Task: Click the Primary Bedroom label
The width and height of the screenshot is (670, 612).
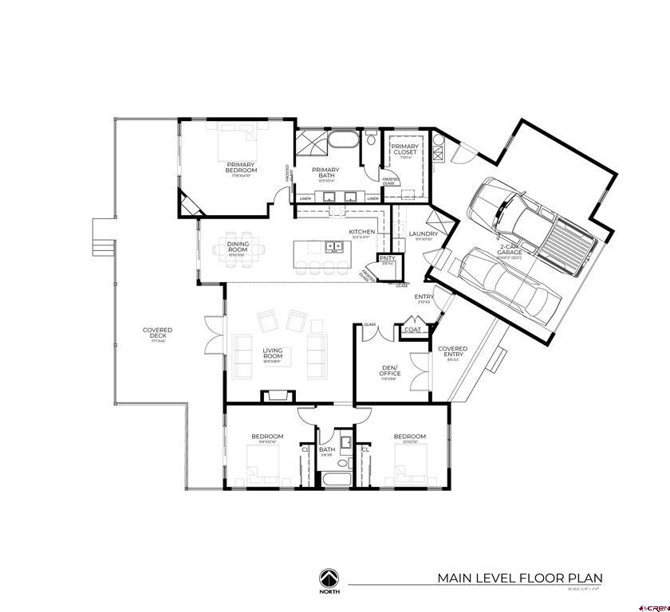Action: coord(241,168)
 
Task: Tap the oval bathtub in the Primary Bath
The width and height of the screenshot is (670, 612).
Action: coord(345,143)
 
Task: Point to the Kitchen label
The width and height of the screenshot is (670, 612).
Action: coord(361,233)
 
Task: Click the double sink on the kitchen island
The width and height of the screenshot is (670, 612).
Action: coord(335,246)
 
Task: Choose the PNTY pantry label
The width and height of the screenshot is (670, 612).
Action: coord(387,259)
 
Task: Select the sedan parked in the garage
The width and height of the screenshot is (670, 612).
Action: coord(506,282)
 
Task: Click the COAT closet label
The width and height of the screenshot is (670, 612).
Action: coord(412,330)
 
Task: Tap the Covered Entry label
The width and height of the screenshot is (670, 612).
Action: coord(453,351)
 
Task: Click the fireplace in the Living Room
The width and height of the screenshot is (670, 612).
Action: coord(278,394)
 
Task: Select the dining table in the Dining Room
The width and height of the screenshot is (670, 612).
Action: coord(238,249)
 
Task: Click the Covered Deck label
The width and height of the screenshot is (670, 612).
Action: coord(157,333)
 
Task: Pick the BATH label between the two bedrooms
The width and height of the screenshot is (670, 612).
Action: coord(327,450)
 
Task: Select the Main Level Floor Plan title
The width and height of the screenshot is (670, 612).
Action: coord(519,579)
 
